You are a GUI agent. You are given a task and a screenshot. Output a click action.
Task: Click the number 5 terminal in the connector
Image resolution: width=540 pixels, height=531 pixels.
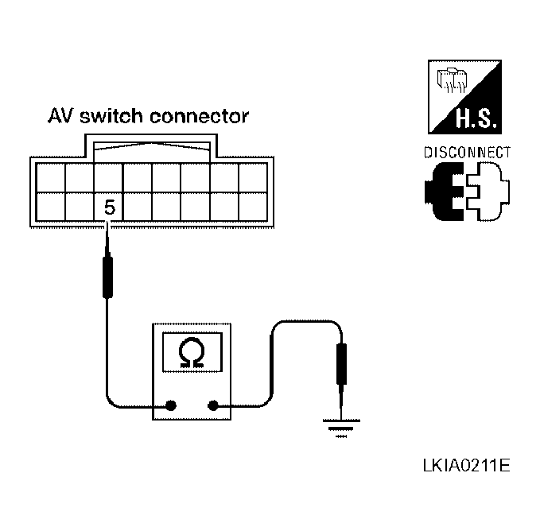110,207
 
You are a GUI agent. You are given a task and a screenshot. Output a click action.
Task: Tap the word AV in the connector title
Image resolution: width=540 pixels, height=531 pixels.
60,116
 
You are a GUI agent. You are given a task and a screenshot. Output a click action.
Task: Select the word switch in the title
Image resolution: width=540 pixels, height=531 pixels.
111,116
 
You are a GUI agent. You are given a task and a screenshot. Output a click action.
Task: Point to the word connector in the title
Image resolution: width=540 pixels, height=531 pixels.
199,117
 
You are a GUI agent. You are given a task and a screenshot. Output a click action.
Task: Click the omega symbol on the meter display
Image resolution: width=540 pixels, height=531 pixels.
192,353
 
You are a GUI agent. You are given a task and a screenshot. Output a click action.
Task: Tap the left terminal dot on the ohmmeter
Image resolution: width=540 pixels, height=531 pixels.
171,405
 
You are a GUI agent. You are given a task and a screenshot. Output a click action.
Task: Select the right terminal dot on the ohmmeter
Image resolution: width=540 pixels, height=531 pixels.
213,405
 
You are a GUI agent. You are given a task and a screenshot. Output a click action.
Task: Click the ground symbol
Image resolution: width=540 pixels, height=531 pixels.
341,428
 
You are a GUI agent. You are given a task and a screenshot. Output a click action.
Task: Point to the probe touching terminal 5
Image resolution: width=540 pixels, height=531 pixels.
108,262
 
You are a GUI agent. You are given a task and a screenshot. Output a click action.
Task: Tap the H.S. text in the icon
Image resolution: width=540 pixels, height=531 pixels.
476,118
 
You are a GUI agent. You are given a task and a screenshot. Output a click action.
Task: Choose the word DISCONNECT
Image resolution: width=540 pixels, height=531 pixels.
467,153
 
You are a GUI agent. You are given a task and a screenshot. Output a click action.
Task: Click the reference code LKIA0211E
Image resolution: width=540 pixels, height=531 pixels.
466,466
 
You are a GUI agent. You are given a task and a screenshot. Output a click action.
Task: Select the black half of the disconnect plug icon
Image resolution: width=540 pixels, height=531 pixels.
445,192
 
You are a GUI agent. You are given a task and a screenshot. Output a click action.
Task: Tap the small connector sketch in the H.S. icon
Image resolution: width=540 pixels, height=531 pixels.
452,80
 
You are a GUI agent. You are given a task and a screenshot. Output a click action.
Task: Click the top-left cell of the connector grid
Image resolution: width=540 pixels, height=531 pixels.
50,177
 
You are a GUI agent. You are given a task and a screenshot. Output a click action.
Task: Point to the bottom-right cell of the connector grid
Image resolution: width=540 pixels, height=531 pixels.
253,207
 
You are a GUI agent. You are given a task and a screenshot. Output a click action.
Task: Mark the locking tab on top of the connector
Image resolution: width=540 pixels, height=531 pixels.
152,148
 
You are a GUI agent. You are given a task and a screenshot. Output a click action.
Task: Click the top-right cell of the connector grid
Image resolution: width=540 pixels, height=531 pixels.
253,177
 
